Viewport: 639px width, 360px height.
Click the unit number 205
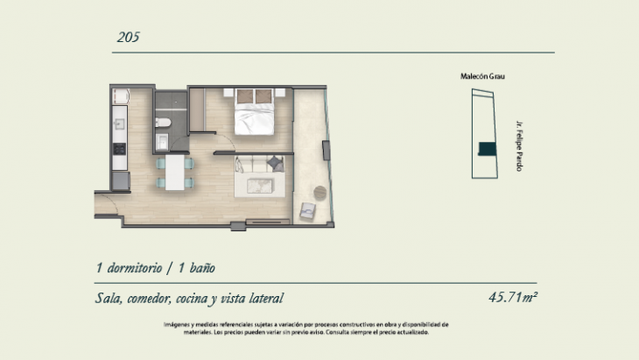click(129, 37)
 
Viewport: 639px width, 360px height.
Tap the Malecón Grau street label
click(482, 76)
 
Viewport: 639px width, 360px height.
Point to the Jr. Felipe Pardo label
click(519, 146)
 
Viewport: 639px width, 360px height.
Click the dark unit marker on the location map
click(487, 149)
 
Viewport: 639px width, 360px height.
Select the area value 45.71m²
click(513, 297)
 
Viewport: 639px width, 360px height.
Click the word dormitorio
click(135, 268)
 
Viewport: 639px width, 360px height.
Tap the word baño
click(202, 268)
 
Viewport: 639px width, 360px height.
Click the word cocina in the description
click(192, 299)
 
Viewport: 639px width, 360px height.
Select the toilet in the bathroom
click(163, 122)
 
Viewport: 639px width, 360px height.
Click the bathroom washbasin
click(162, 142)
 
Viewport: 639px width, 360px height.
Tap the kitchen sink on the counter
click(119, 124)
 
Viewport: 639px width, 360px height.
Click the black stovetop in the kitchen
click(119, 149)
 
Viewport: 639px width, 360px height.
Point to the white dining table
click(175, 172)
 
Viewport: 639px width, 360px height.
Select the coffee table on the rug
click(260, 186)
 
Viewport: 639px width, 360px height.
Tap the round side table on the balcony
click(319, 193)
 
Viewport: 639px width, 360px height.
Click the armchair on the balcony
click(307, 211)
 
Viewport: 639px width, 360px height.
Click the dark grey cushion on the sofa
click(276, 164)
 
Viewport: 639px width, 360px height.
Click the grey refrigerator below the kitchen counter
click(121, 181)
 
